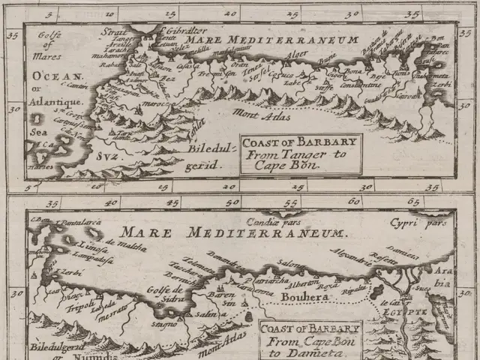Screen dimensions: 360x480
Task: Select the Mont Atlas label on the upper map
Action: tap(252, 115)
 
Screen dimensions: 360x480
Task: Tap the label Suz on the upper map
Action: tap(106, 156)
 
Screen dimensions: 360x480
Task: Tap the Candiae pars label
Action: tap(274, 222)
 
